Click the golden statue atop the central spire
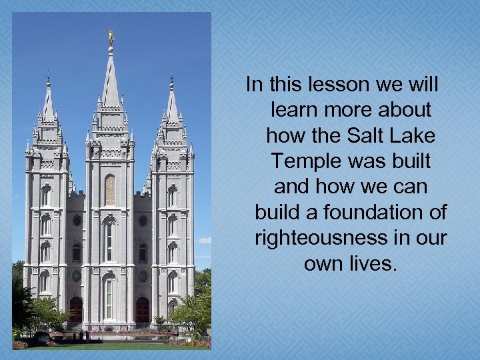(111, 37)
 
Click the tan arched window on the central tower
(110, 190)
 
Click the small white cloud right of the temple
(204, 240)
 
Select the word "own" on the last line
(321, 263)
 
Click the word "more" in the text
(349, 110)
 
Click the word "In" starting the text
(254, 85)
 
